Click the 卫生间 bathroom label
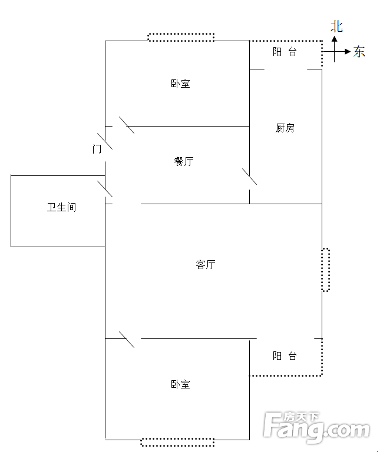pos(61,207)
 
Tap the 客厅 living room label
pos(205,264)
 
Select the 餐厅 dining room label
pos(184,161)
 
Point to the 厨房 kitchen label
pos(285,128)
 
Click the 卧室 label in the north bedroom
pos(180,84)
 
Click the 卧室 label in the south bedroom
pos(180,384)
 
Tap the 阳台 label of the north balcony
pos(285,52)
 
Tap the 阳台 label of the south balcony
pos(285,356)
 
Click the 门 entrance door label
pos(97,149)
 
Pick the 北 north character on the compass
pos(336,26)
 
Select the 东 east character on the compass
pos(359,52)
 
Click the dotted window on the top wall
pos(180,37)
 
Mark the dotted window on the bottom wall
pos(177,442)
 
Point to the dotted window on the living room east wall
pos(325,270)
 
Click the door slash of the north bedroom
pos(126,125)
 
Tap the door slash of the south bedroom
pos(127,340)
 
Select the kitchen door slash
pos(250,177)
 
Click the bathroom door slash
pos(105,189)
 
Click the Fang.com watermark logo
pos(316,427)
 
